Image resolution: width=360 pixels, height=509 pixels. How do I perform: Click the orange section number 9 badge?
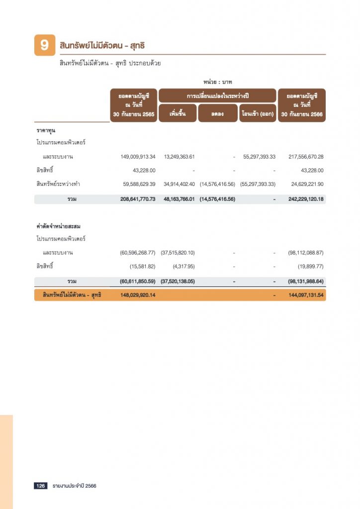44,45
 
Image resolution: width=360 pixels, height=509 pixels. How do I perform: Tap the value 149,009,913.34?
138,157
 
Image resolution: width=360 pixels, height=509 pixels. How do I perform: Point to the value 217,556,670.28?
306,157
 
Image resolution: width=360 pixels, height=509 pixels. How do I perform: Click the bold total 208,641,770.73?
138,199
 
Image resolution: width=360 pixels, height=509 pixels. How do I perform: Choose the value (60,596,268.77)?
138,253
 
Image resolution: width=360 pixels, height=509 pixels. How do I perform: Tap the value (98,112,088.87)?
306,253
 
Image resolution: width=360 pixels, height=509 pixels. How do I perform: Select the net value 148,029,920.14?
138,295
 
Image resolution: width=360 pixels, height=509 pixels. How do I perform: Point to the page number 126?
40,486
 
